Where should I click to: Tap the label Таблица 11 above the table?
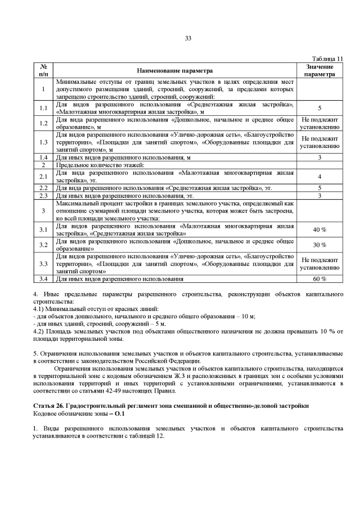click(x=327, y=58)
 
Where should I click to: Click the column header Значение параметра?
click(x=319, y=70)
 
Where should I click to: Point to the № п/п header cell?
click(x=43, y=70)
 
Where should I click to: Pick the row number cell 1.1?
click(x=43, y=107)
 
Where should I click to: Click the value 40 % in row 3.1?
click(x=319, y=229)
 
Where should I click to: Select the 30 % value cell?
click(x=319, y=245)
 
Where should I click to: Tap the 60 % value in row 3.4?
click(x=319, y=278)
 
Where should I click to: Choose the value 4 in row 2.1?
click(x=319, y=176)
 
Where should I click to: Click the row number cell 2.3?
click(x=43, y=195)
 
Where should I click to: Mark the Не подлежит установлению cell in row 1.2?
click(x=319, y=123)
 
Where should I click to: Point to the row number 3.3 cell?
click(x=43, y=263)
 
